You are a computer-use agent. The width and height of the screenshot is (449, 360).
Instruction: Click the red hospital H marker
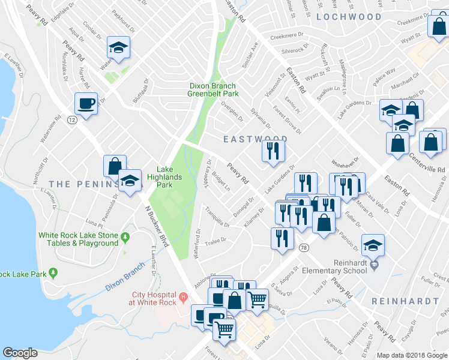coord(184,296)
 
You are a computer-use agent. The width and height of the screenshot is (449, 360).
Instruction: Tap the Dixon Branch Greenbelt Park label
coord(213,90)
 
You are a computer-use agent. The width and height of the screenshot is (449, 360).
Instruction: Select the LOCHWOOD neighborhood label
coord(349,17)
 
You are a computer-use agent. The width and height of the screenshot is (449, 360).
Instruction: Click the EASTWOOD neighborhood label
coord(255,139)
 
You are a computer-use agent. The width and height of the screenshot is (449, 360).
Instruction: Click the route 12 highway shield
coord(72,120)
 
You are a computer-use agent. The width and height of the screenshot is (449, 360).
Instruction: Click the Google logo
coord(20,353)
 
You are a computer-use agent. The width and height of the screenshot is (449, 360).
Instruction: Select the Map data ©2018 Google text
coord(412,355)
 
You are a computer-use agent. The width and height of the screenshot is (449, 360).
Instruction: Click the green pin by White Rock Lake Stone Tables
coord(125,238)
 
